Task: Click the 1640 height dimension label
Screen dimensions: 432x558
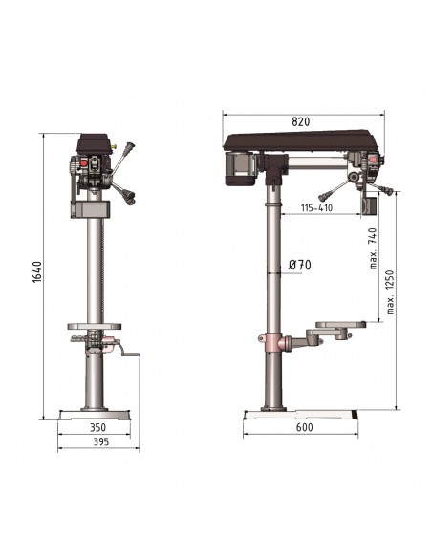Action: [x=37, y=272]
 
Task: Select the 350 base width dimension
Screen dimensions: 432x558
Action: [x=97, y=427]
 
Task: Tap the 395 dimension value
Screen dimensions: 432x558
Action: [x=101, y=441]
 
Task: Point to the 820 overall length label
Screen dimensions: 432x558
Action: [x=301, y=121]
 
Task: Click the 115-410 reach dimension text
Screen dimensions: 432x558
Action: [x=316, y=208]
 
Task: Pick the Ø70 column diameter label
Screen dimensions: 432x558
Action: [x=299, y=265]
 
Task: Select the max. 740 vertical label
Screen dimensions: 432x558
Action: [x=373, y=248]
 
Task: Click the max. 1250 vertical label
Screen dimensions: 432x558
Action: [x=390, y=292]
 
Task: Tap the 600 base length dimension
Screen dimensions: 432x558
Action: [x=304, y=427]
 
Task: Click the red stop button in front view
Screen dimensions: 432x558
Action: [x=84, y=163]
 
